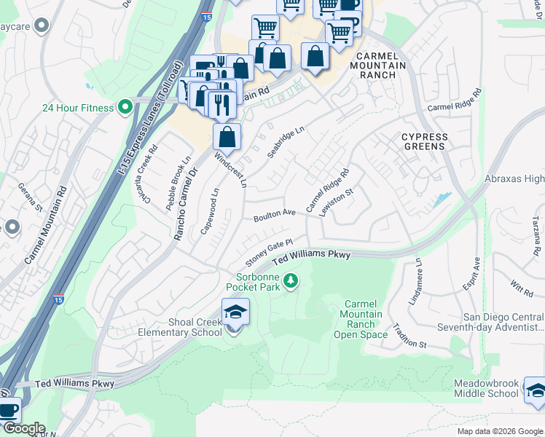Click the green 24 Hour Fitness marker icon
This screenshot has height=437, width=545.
point(125,108)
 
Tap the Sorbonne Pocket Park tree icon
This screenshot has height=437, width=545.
point(291,280)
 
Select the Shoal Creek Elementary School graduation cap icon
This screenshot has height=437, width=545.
point(235,312)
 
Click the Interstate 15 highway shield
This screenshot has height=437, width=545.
point(58,299)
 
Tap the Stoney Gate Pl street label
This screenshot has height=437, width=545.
point(268,253)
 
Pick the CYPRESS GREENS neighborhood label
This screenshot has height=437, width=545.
point(424,141)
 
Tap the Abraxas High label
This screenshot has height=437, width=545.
point(514,178)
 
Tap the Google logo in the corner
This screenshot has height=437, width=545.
point(23,428)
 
